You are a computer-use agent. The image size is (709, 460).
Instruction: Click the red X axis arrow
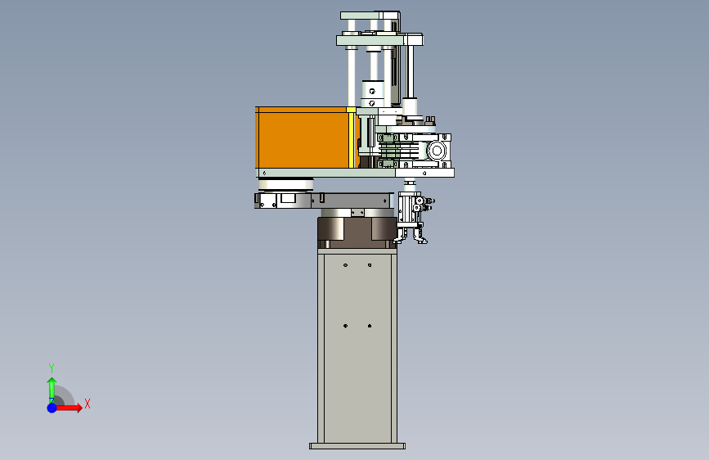[x=68, y=408]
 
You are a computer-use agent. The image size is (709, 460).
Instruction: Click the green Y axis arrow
[x=52, y=390]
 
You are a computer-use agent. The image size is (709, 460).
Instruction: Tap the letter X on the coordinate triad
[x=88, y=404]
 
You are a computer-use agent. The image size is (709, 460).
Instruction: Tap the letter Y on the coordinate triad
[x=52, y=368]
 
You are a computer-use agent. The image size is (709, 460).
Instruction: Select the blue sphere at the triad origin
[x=52, y=408]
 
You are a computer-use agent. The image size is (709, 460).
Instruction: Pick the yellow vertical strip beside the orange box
[x=352, y=138]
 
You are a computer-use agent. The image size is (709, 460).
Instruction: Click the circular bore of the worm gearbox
[x=437, y=151]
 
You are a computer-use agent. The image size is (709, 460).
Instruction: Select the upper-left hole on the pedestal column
[x=345, y=265]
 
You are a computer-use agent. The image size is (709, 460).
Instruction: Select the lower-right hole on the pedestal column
[x=370, y=326]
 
